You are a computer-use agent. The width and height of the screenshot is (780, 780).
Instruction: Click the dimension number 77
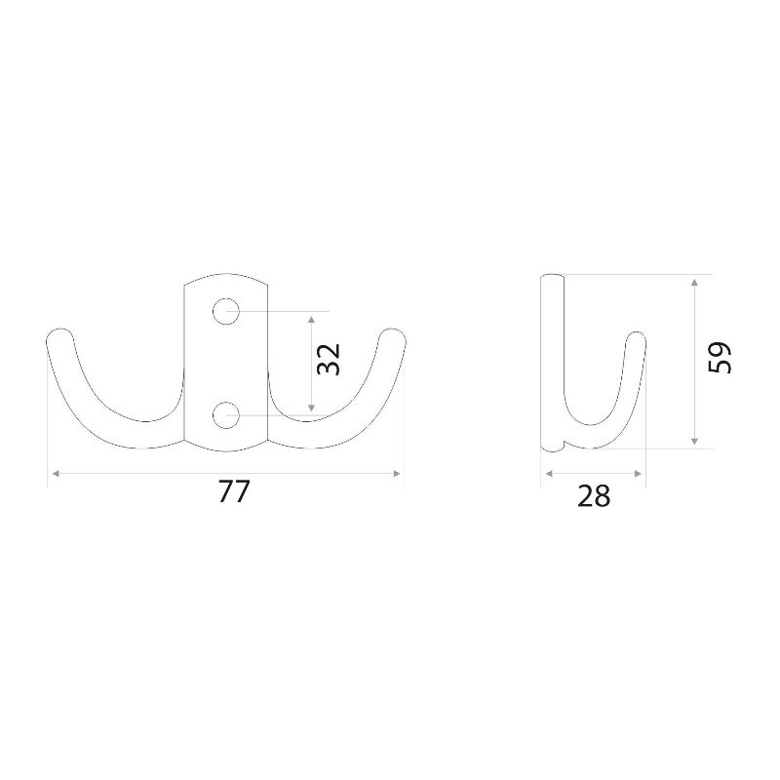233,492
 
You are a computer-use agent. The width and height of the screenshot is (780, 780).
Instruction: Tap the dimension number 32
329,360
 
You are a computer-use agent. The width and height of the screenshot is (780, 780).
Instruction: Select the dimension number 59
720,357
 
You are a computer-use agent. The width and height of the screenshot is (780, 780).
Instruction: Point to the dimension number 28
594,496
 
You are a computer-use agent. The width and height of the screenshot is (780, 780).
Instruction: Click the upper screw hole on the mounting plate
226,311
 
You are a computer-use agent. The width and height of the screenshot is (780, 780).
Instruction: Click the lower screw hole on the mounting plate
226,415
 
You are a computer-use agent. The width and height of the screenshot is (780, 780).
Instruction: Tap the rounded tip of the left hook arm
60,333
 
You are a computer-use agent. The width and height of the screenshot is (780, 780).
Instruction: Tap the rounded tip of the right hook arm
393,333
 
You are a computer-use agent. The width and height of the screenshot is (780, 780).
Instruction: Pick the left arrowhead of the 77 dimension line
56,474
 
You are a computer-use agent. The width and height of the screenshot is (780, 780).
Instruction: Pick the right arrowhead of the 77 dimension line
397,474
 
